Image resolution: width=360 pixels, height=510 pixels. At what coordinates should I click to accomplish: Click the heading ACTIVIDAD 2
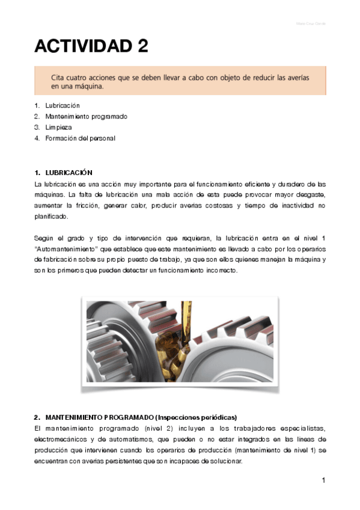[x=91, y=46]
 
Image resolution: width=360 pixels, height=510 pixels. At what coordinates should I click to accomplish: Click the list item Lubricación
[x=63, y=105]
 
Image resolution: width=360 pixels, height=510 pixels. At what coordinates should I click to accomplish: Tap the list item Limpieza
[x=58, y=127]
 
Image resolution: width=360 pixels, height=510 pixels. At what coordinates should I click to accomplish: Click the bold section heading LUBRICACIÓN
[x=69, y=173]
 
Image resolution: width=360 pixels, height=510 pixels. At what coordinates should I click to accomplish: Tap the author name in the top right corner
[x=311, y=24]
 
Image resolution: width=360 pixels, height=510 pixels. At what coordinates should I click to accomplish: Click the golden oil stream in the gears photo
[x=185, y=325]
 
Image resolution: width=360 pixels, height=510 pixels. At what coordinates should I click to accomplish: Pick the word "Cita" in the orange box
[x=58, y=76]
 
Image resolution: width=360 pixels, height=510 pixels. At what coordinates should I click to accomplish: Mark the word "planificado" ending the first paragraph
[x=52, y=217]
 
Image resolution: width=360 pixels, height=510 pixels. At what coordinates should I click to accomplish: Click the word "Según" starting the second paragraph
[x=44, y=238]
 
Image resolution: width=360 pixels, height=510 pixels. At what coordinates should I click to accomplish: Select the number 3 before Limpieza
[x=37, y=127]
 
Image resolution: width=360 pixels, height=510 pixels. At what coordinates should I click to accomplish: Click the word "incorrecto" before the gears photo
[x=221, y=270]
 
